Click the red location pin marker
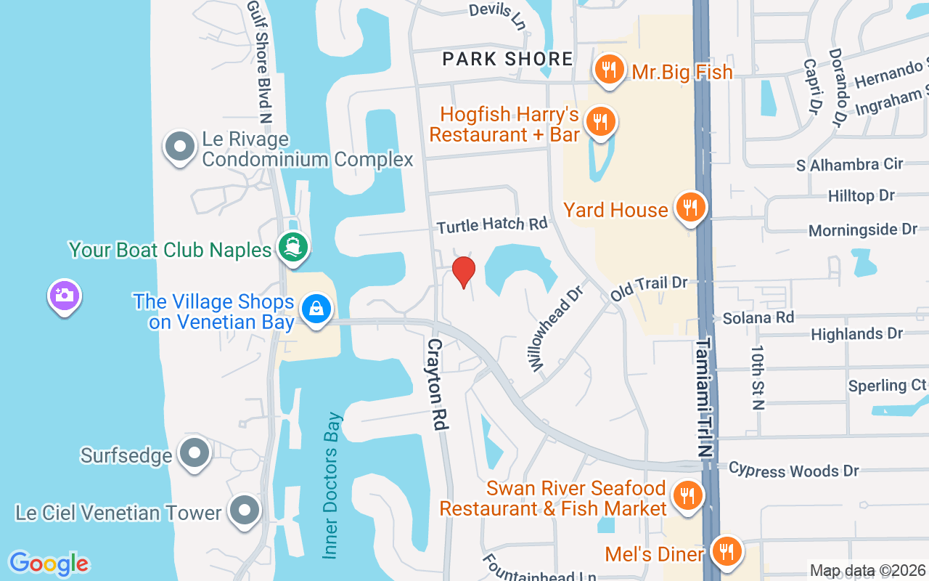click(463, 272)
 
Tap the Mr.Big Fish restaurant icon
click(609, 70)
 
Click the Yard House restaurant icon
click(690, 208)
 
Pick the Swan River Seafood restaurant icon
click(686, 496)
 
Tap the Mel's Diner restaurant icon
click(724, 552)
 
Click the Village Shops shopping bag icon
click(316, 309)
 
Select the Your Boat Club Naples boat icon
click(293, 248)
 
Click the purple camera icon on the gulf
click(65, 295)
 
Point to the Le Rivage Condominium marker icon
click(180, 147)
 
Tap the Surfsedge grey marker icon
click(194, 454)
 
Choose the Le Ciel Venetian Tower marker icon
click(245, 511)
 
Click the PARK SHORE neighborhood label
click(508, 59)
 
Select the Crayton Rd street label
click(436, 383)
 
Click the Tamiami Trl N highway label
click(705, 397)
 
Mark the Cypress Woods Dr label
click(793, 471)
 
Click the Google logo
click(49, 564)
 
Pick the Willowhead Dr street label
click(546, 328)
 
